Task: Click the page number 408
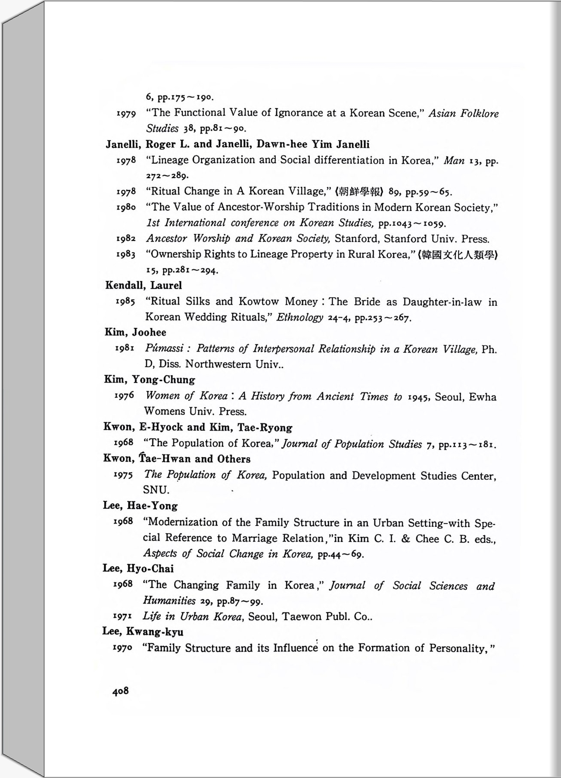(120, 691)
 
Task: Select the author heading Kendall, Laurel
(143, 285)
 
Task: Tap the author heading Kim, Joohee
(135, 332)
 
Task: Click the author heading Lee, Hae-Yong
(140, 506)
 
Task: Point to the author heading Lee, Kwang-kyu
(143, 632)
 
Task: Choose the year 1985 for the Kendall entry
(125, 301)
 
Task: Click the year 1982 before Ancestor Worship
(126, 238)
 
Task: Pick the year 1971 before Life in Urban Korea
(123, 616)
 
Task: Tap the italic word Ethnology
(299, 317)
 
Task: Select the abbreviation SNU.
(156, 490)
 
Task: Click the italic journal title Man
(454, 161)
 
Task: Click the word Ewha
(483, 397)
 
